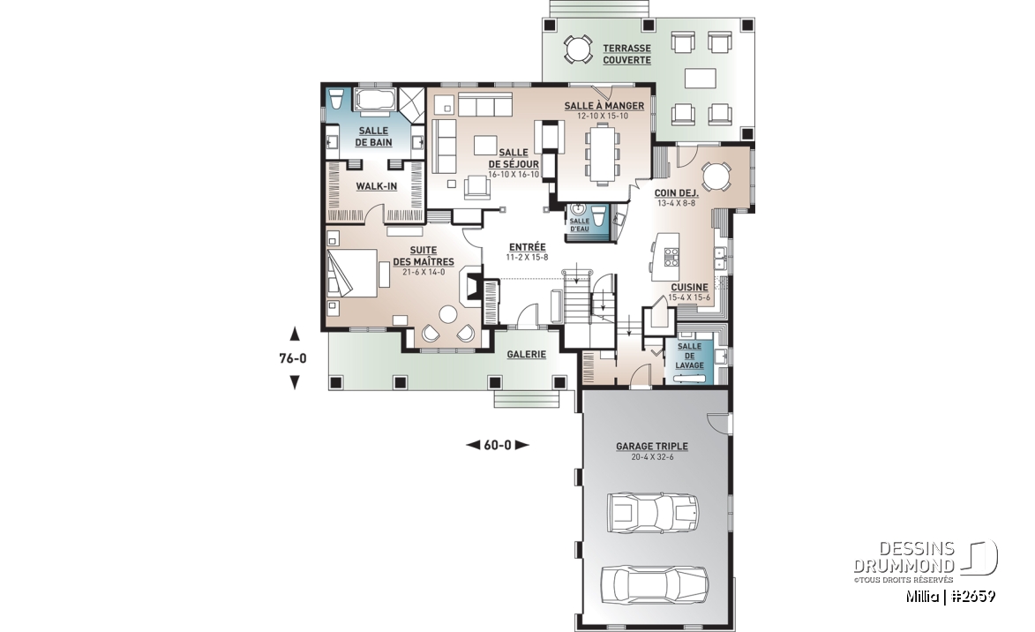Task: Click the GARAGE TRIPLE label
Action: pos(651,447)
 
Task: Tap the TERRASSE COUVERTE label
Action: pos(626,54)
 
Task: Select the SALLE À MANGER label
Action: pos(604,106)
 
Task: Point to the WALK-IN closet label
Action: pos(376,186)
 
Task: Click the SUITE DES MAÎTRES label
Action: pos(424,256)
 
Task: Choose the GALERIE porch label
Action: pos(526,355)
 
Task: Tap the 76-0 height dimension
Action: pos(292,358)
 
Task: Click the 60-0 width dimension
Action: pos(498,445)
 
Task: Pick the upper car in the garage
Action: pos(652,512)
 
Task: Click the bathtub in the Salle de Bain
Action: pos(374,101)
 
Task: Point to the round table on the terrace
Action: pos(577,50)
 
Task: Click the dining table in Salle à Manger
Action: pos(604,154)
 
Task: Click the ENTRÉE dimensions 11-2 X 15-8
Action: pos(527,257)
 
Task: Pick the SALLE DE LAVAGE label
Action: pos(689,356)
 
